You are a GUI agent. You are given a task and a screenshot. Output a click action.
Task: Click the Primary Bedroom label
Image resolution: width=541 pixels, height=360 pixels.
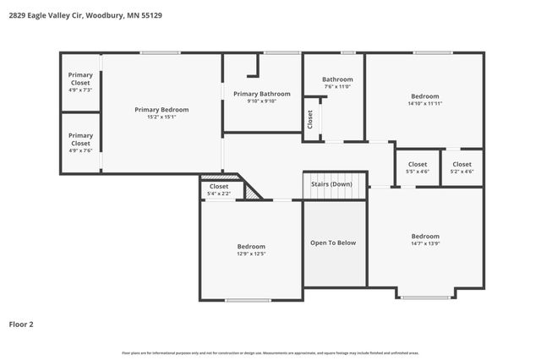161,109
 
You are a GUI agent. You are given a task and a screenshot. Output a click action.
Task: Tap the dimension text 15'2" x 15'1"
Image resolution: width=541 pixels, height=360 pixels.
161,117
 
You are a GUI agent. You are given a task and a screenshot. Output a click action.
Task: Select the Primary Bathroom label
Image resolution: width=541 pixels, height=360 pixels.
261,94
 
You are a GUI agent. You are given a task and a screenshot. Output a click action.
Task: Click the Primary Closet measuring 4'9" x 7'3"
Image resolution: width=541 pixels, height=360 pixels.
80,82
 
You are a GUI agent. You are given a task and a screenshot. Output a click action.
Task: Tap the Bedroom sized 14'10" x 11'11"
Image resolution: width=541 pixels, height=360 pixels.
425,100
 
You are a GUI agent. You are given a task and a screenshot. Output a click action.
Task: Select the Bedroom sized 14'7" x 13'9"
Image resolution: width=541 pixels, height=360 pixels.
425,240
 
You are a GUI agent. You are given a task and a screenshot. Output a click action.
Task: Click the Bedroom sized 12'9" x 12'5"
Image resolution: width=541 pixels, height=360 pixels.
251,250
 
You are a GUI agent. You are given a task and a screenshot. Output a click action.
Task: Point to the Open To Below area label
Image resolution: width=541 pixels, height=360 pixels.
335,243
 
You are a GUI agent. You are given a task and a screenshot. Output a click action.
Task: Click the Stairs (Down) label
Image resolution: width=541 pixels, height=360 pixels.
331,183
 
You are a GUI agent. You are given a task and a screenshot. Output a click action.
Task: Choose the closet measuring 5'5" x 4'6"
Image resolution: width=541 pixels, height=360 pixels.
418,167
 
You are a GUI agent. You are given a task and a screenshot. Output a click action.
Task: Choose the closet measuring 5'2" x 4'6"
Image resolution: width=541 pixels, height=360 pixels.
462,167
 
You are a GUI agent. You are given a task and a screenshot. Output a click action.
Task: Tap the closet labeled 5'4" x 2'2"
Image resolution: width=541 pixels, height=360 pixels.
219,189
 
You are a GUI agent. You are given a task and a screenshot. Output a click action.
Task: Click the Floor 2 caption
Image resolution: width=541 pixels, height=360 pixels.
21,324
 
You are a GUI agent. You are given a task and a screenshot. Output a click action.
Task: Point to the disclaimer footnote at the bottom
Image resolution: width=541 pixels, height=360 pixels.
270,352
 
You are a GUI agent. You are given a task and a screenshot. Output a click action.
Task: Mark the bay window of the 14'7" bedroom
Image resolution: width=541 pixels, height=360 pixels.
425,297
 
